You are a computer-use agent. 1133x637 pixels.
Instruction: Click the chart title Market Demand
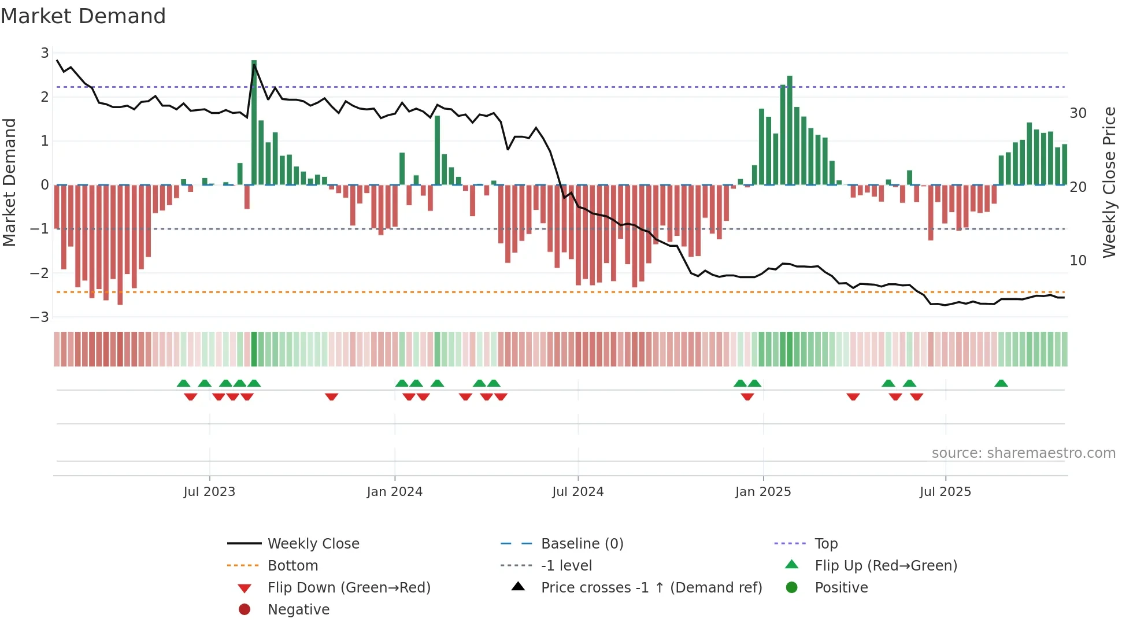click(83, 16)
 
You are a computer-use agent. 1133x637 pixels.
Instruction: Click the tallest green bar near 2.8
click(254, 121)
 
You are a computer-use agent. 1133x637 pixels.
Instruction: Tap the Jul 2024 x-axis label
click(577, 492)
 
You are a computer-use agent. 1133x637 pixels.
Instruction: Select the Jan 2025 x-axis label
click(763, 492)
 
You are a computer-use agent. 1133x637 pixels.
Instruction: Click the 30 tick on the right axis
click(1078, 113)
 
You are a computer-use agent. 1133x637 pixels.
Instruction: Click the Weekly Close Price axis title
click(1109, 182)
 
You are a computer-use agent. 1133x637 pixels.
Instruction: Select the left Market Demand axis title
click(9, 182)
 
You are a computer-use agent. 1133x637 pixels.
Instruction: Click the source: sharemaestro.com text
click(1023, 453)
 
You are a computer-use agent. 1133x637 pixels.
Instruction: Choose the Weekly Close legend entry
click(313, 544)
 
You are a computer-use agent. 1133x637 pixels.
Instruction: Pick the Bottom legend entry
click(292, 566)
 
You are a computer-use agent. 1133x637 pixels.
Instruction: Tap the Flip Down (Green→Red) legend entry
click(349, 588)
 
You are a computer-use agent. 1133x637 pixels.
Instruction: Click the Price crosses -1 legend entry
click(651, 588)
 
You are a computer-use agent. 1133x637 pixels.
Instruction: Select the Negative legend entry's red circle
click(245, 610)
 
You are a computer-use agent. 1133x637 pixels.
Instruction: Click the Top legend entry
click(826, 544)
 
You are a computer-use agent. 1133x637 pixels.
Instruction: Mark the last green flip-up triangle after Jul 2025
click(1001, 383)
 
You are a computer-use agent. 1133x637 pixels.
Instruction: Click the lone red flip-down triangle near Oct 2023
click(331, 397)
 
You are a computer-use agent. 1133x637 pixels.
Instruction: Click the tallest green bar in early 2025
click(790, 130)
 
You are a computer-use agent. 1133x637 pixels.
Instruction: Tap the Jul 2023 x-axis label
click(209, 492)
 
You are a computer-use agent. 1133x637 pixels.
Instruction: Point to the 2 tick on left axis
click(45, 97)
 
